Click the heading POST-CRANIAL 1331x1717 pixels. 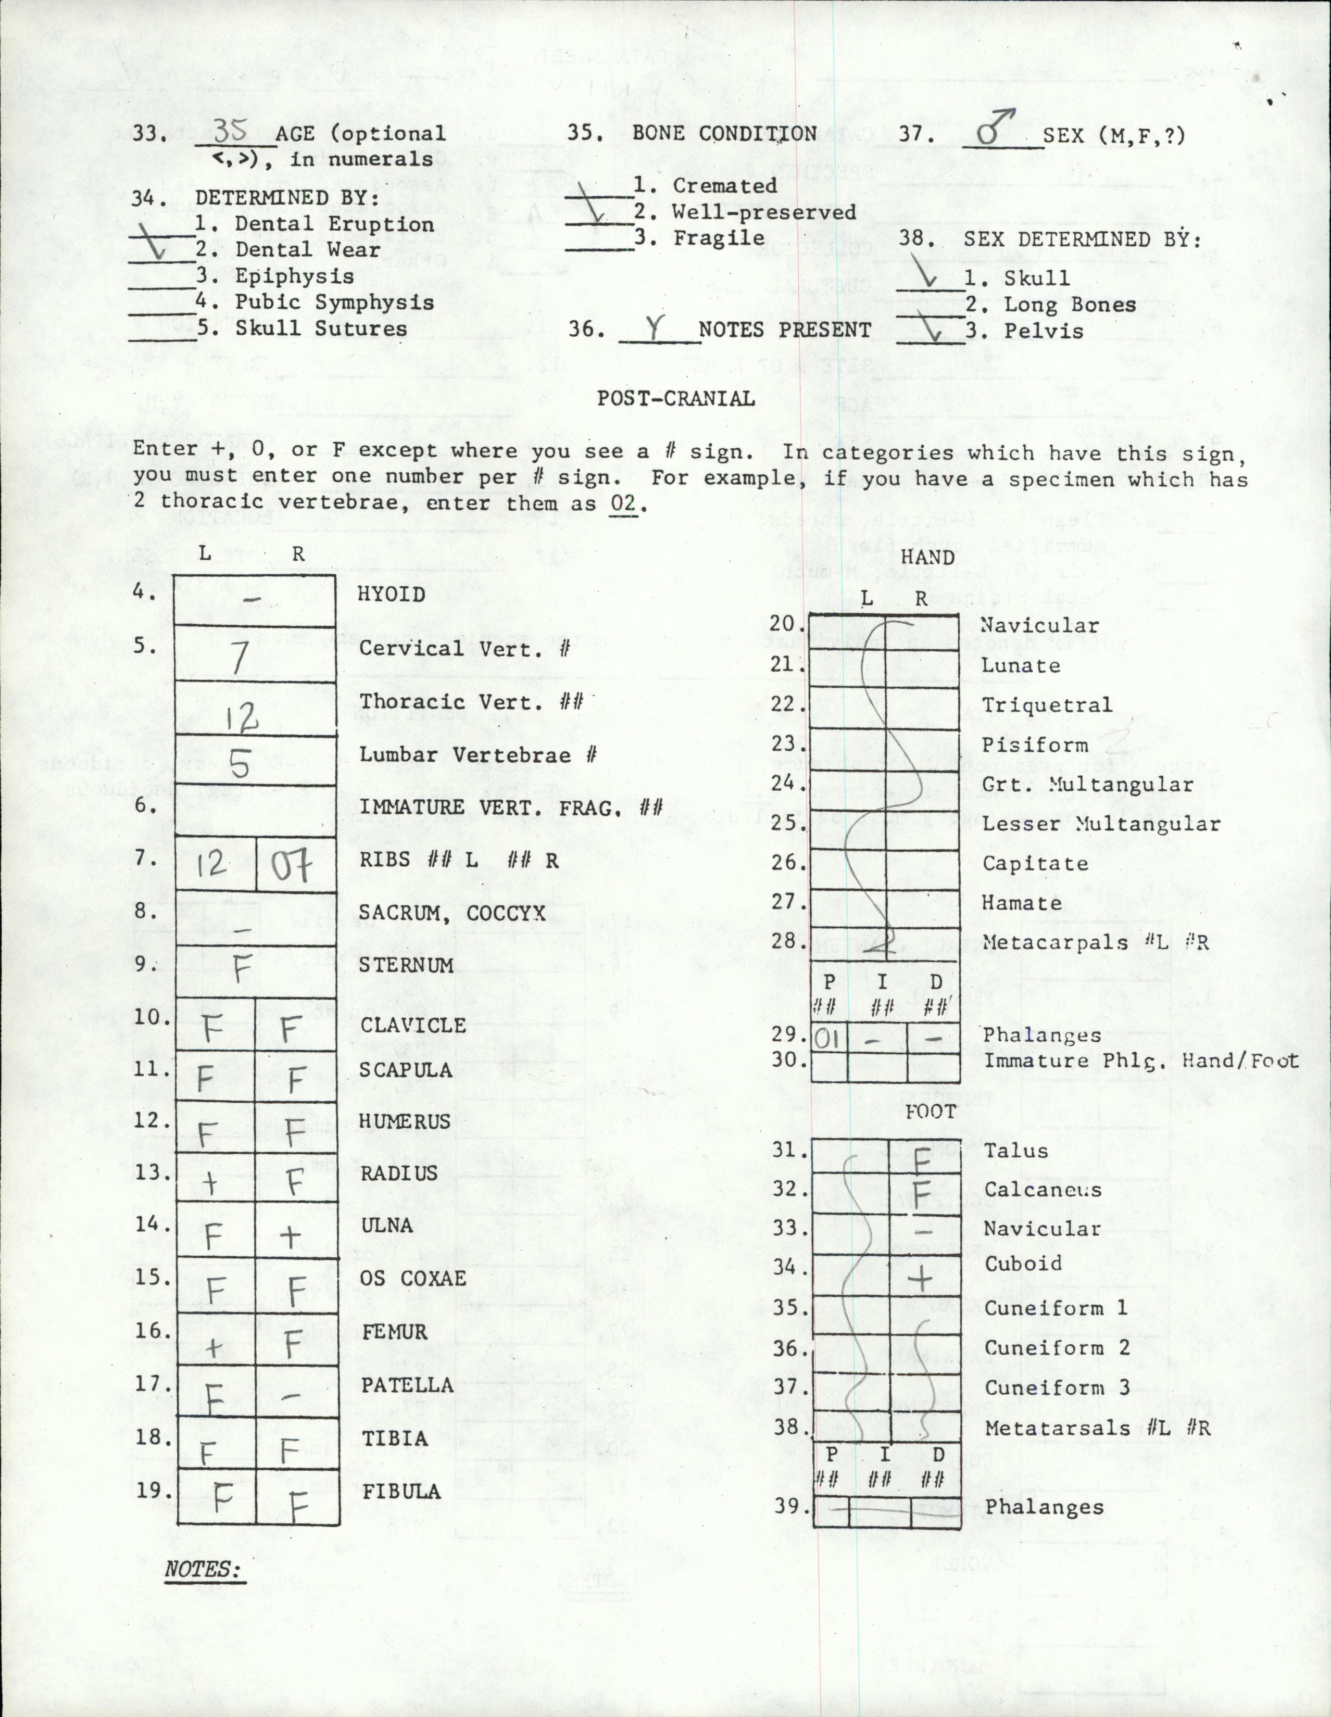coord(676,399)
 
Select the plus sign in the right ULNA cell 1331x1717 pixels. coord(290,1236)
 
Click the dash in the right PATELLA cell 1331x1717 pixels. coord(290,1396)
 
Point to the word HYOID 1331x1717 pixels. coord(392,595)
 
